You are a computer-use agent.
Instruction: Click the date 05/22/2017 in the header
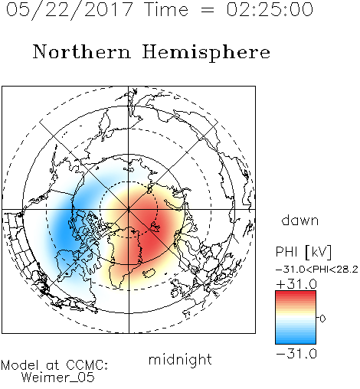pos(69,10)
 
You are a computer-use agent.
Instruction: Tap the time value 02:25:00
pos(270,9)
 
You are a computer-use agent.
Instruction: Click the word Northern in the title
pos(82,51)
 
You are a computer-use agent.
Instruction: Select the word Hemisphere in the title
pos(206,53)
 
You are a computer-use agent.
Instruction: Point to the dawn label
pos(300,220)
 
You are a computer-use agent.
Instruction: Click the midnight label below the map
pos(180,359)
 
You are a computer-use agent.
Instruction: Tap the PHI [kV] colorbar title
pos(304,252)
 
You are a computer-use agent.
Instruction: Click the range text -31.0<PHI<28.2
pos(317,270)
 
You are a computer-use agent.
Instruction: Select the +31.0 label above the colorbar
pos(296,284)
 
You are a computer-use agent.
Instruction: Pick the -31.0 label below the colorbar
pos(296,354)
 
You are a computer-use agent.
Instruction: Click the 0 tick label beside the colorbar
pos(322,319)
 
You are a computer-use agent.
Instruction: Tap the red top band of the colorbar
pos(296,294)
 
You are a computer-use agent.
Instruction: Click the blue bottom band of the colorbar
pos(296,341)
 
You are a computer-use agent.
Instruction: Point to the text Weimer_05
pos(58,378)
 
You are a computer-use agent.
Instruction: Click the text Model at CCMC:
pos(54,365)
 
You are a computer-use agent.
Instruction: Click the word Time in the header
pos(166,9)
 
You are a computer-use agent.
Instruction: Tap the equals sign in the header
pos(208,10)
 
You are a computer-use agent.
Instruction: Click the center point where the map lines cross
pos(129,210)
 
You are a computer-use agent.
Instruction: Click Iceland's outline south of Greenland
pos(149,273)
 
